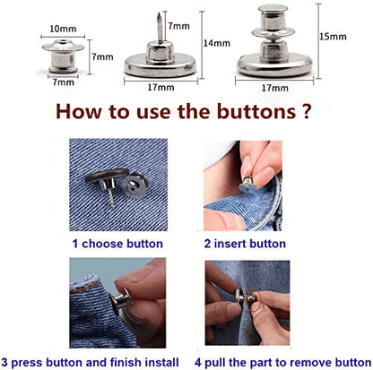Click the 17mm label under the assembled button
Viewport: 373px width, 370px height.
274,89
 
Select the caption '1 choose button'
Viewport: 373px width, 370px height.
118,243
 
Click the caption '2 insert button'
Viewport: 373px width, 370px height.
244,243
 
